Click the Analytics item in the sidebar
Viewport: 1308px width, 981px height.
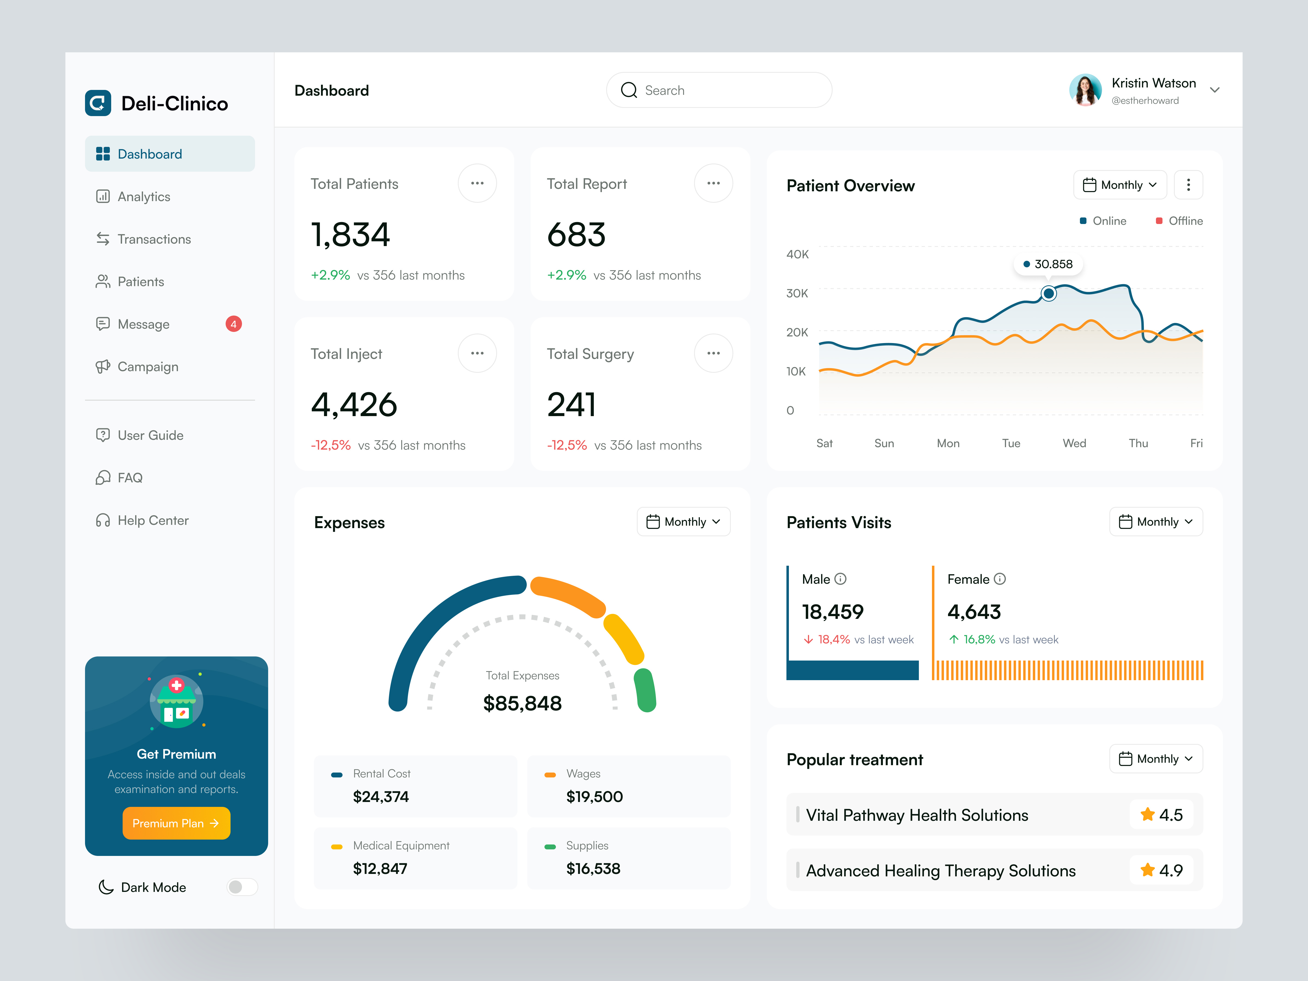pyautogui.click(x=144, y=197)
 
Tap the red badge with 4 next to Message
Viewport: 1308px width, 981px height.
pyautogui.click(x=234, y=324)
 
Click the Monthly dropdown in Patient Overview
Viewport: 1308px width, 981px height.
pyautogui.click(x=1119, y=185)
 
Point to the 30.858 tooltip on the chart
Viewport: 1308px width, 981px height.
pyautogui.click(x=1048, y=264)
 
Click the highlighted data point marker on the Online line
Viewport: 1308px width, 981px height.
pyautogui.click(x=1048, y=293)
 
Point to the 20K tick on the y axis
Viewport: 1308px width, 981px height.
pyautogui.click(x=797, y=332)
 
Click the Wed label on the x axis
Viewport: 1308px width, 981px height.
pyautogui.click(x=1074, y=443)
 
